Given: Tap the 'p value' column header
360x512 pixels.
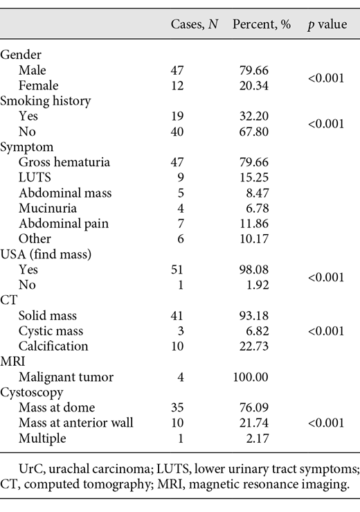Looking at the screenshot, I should [x=327, y=24].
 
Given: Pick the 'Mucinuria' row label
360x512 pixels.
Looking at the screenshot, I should [x=48, y=208].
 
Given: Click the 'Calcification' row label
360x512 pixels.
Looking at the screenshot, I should [x=53, y=346].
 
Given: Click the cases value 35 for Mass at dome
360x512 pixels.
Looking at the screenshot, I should [x=179, y=407].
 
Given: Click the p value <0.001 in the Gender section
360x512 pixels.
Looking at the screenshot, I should [x=326, y=77].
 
